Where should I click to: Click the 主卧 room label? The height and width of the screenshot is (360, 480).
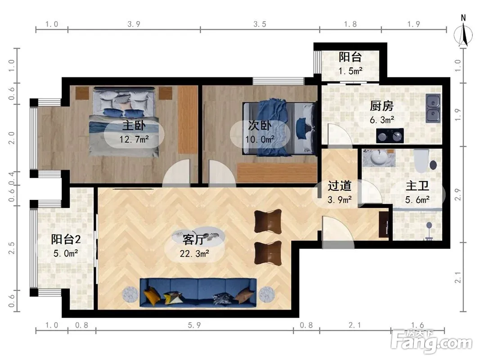pos(134,125)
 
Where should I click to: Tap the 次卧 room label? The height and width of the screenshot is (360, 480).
pos(260,125)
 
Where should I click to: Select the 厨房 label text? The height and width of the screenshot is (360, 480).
pos(381,106)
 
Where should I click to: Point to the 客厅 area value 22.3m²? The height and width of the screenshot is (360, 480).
pos(194,253)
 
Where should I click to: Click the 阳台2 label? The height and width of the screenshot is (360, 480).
pos(66,239)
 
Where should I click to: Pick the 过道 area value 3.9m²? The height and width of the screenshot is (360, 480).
pos(340,200)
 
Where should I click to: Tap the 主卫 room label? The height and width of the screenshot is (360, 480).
pos(417,186)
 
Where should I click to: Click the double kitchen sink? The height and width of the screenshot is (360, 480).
pos(433,108)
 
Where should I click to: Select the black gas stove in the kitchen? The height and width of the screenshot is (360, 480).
pos(390,135)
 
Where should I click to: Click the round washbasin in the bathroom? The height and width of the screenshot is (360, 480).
pos(379,158)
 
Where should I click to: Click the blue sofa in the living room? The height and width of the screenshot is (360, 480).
pos(198,292)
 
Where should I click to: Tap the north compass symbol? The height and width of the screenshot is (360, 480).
pos(463,32)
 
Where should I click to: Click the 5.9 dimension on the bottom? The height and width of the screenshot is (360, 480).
pos(194,325)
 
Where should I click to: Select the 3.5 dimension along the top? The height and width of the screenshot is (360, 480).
pos(260,24)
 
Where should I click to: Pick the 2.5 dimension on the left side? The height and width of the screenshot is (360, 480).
pos(11,248)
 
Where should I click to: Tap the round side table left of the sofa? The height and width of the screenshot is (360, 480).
pos(131,295)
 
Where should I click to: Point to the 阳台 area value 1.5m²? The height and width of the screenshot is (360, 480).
pos(350,71)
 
